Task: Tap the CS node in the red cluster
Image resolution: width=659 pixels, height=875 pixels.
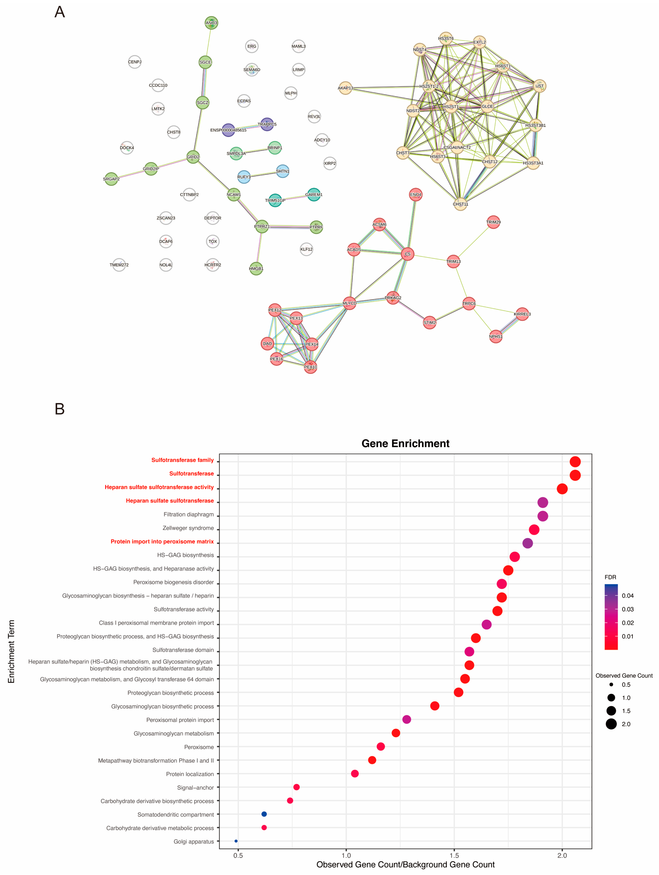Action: point(407,254)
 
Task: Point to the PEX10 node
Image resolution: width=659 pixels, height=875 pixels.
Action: point(310,367)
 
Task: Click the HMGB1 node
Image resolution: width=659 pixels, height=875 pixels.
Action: point(256,269)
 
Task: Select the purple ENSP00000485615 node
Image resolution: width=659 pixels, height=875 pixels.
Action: point(228,130)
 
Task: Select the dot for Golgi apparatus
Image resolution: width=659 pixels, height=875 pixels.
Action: point(236,841)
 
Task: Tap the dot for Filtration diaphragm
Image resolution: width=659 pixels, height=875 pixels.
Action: point(543,516)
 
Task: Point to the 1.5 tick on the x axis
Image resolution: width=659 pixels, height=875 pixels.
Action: point(454,855)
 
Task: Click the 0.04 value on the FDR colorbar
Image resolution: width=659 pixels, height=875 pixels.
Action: point(627,596)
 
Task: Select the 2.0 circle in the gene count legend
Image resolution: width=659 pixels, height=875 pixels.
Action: point(611,724)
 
